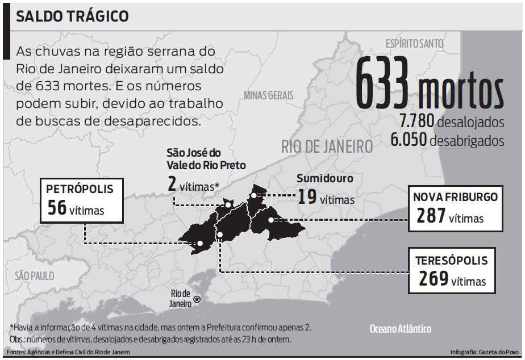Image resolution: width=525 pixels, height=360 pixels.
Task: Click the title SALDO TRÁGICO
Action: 72,16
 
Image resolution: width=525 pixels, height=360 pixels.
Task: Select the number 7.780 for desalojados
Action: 416,122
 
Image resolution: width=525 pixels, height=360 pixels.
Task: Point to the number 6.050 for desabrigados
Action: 409,140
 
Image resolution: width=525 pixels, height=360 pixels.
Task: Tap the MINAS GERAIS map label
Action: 269,95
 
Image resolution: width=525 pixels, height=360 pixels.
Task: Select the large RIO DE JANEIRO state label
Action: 327,146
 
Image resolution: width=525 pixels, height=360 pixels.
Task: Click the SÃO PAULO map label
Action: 35,276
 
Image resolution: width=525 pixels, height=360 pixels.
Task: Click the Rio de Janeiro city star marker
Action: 197,299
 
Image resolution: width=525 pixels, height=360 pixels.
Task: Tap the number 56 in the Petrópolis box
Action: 56,208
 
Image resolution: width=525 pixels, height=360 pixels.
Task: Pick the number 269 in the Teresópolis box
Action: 434,279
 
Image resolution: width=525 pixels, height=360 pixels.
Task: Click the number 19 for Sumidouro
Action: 306,197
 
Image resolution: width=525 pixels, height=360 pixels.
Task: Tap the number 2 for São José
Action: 172,184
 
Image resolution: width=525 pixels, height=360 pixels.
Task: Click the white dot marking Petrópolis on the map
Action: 200,243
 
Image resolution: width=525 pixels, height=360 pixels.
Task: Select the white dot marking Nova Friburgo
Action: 271,220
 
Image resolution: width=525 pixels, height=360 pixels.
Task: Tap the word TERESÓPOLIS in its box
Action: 451,261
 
